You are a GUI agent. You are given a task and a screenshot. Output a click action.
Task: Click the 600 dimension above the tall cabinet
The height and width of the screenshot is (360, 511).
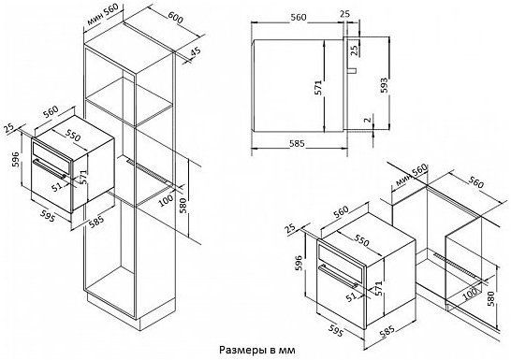click(x=176, y=17)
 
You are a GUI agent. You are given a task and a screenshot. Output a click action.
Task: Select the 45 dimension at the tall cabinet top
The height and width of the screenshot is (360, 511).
click(x=196, y=52)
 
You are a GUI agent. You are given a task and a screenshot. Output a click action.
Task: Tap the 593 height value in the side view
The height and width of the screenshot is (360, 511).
click(x=385, y=85)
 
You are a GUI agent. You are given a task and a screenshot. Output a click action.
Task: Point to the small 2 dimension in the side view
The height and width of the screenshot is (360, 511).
click(x=368, y=120)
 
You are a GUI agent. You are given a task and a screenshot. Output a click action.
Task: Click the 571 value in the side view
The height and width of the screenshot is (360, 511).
click(x=318, y=88)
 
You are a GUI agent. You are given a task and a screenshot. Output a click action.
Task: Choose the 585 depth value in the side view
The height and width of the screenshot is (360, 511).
click(x=297, y=143)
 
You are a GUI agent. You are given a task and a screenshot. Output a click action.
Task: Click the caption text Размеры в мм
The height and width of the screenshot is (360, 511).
click(x=257, y=351)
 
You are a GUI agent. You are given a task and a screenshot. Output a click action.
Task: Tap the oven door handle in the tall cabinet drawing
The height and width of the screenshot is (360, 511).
click(x=50, y=168)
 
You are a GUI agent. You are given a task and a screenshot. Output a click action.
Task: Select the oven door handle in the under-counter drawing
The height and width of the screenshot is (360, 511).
click(x=338, y=277)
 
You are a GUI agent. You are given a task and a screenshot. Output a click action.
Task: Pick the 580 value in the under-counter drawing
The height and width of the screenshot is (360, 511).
click(x=491, y=299)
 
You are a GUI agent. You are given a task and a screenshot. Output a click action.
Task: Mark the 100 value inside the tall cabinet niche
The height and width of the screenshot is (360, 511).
click(x=167, y=200)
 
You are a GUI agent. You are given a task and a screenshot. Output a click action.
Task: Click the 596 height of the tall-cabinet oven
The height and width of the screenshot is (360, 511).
click(x=15, y=160)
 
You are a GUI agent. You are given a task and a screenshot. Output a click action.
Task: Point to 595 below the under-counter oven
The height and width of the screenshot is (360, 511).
click(x=335, y=329)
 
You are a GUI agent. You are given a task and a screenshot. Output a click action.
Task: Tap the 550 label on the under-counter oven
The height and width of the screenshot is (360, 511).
click(x=362, y=240)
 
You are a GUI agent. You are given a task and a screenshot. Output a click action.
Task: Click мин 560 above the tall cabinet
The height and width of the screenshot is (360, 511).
click(x=102, y=14)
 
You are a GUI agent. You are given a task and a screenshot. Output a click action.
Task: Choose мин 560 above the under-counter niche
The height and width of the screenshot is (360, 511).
click(x=411, y=175)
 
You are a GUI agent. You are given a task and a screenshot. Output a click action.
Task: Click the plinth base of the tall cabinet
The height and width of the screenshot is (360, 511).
click(x=130, y=310)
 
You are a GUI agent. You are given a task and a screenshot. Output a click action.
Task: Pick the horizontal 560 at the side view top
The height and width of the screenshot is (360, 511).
click(x=299, y=17)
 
